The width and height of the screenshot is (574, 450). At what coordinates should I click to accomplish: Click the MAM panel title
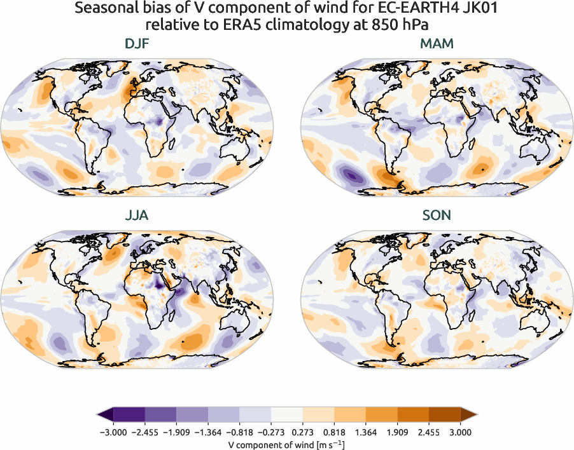pyautogui.click(x=437, y=45)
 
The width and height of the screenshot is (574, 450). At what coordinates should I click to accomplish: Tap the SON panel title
pyautogui.click(x=437, y=215)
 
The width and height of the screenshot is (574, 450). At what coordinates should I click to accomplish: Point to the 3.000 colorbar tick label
pyautogui.click(x=459, y=432)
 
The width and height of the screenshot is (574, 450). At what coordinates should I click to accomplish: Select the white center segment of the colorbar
pyautogui.click(x=286, y=414)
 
